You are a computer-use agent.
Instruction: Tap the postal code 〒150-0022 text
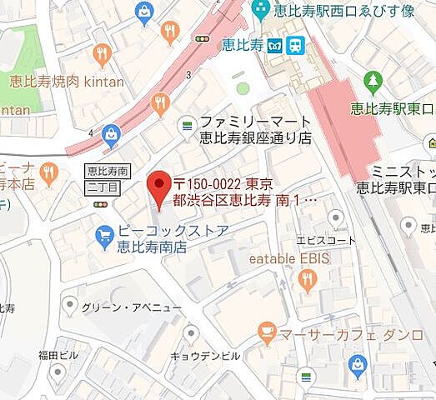208,182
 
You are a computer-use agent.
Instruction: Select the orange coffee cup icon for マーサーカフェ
267,334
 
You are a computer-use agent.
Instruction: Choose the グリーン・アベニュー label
119,307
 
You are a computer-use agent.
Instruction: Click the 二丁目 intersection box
99,187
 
